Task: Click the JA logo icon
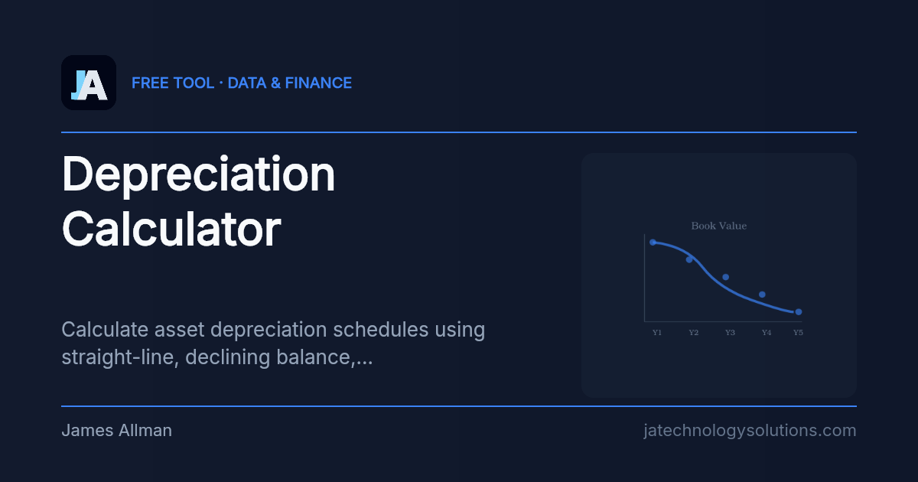point(89,83)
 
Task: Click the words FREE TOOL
point(173,83)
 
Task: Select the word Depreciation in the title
point(198,174)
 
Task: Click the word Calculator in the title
point(171,229)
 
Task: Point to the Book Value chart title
point(718,226)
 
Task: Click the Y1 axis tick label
point(656,333)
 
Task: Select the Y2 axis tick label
point(693,333)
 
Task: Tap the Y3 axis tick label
point(730,333)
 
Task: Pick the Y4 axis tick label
point(766,333)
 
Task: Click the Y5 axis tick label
point(798,333)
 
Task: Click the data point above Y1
point(653,242)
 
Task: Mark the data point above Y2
point(689,259)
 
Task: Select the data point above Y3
point(725,277)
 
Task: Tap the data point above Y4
point(762,295)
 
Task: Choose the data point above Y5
point(798,312)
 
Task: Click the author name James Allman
point(116,431)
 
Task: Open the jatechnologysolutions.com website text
point(750,431)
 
